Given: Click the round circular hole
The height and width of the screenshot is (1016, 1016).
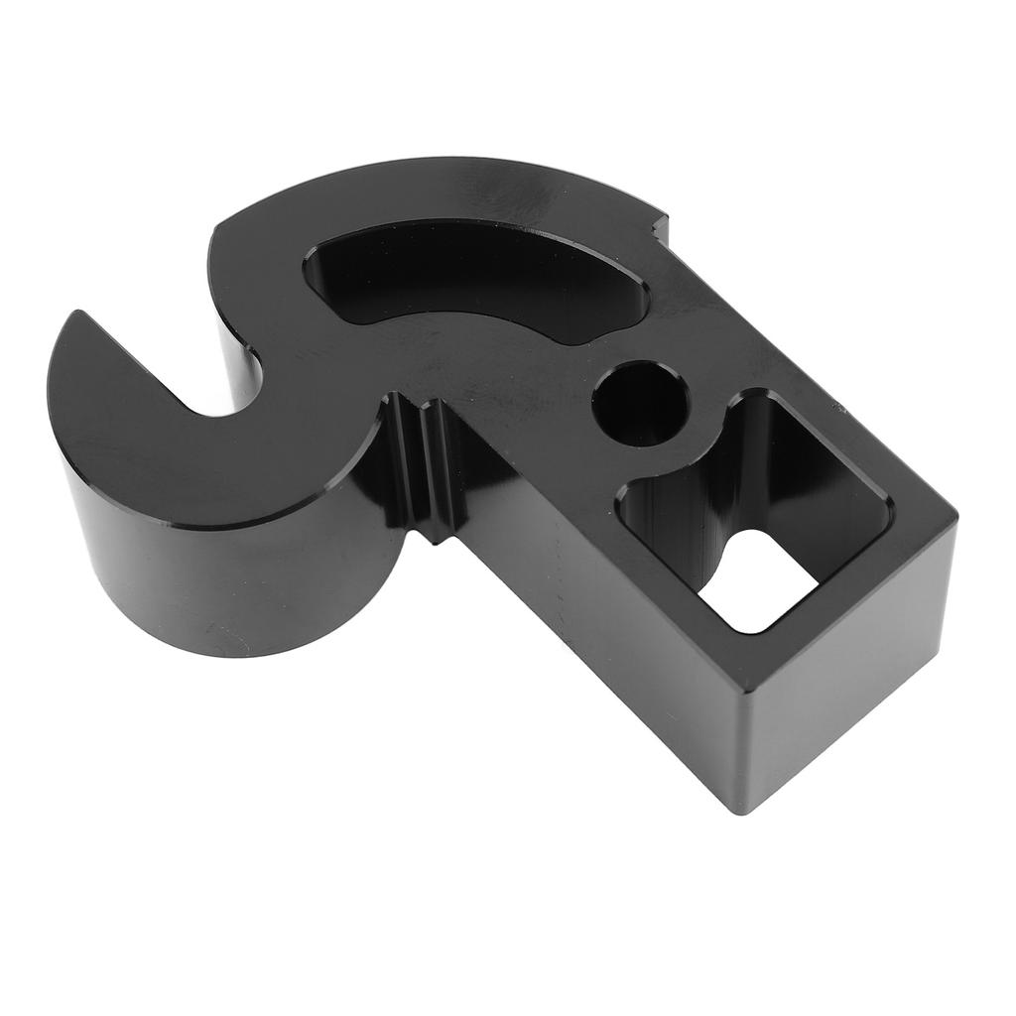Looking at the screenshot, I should pos(640,403).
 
